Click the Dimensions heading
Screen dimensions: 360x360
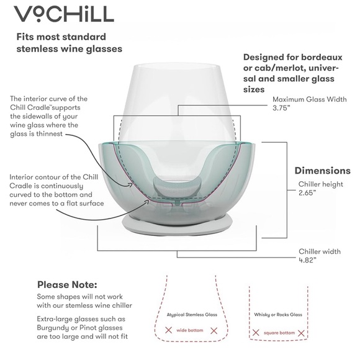click(322, 171)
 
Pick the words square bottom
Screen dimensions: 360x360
click(279, 333)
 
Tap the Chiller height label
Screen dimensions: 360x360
click(321, 184)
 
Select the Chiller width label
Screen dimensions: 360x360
click(319, 252)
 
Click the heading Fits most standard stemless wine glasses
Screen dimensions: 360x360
click(70, 42)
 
